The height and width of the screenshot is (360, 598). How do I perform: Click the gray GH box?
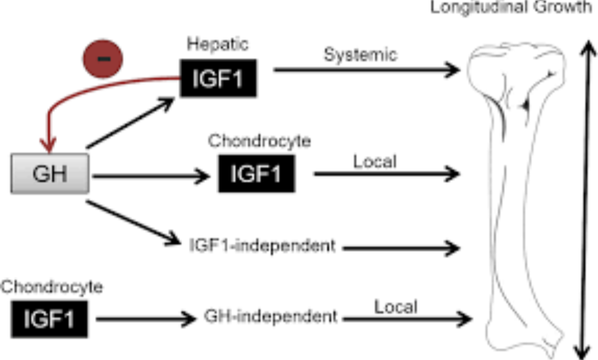[50, 174]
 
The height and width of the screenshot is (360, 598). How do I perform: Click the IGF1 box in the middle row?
[256, 174]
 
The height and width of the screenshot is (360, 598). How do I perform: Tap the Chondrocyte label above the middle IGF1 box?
[259, 141]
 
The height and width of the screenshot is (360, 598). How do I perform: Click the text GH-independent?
[270, 316]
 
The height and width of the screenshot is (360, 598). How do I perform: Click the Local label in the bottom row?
[395, 305]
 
